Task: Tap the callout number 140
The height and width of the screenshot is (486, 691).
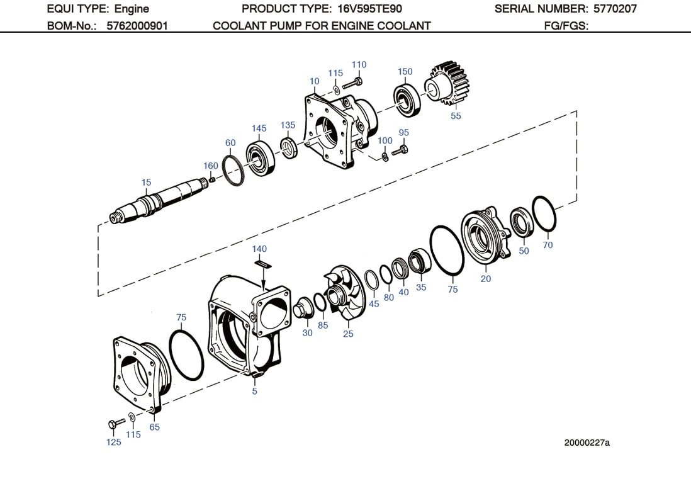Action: point(259,249)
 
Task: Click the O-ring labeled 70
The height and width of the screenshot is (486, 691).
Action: point(544,214)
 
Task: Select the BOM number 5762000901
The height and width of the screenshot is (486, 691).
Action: point(137,26)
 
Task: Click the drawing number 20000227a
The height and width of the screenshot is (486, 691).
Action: point(587,442)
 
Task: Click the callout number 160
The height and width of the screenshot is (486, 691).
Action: point(210,166)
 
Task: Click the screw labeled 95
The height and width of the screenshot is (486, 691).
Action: point(400,150)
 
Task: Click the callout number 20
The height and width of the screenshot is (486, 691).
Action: point(485,278)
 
